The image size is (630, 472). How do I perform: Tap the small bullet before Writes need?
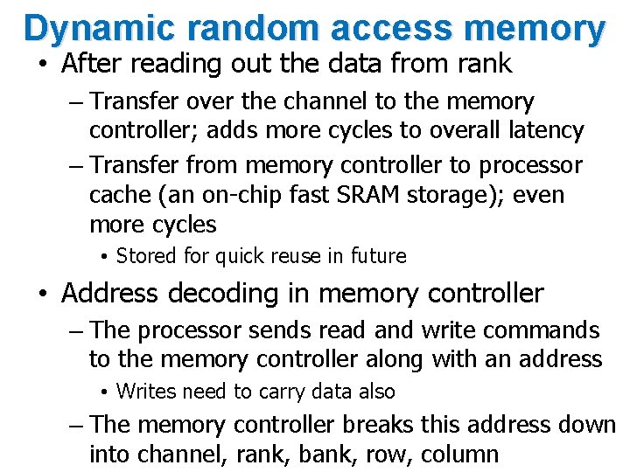103,392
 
